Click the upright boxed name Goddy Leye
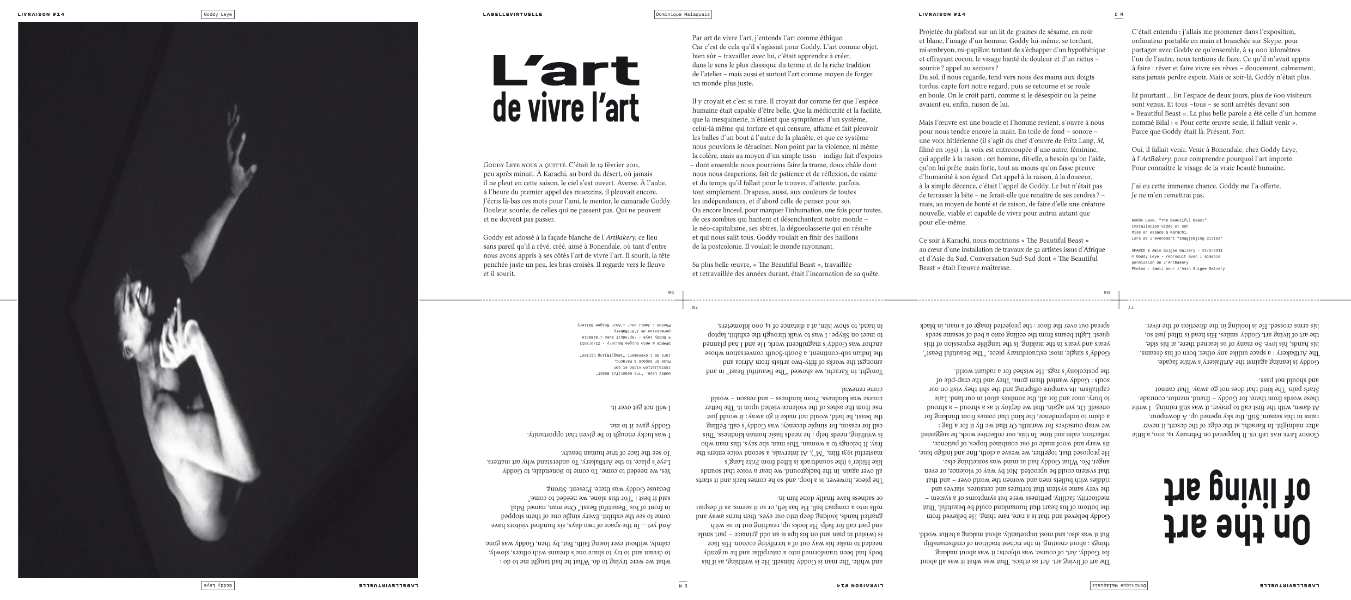click(x=217, y=15)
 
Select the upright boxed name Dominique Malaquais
click(x=683, y=15)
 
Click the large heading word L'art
click(x=565, y=70)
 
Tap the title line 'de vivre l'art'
click(x=565, y=107)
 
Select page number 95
click(x=671, y=292)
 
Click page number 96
click(x=1106, y=292)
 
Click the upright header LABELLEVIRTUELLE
click(x=512, y=15)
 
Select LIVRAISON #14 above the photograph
click(x=41, y=15)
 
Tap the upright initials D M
click(x=1115, y=15)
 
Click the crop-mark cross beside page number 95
click(x=683, y=299)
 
